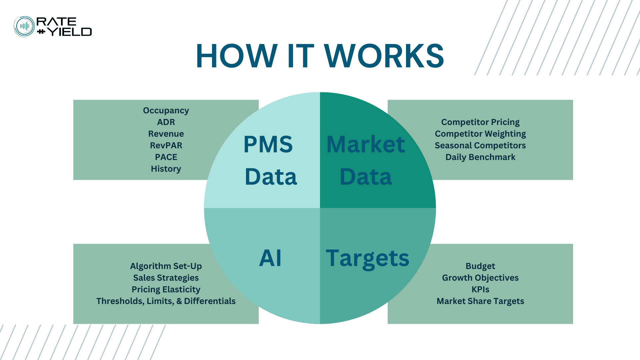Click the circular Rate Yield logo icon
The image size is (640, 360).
(24, 27)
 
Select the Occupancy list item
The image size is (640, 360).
(166, 111)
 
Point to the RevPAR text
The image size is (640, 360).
(166, 146)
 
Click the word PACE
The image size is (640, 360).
(166, 157)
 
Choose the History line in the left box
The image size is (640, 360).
(166, 169)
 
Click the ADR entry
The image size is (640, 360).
(166, 122)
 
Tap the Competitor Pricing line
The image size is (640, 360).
(480, 122)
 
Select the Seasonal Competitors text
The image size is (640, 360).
(480, 146)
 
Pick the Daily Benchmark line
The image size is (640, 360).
(480, 157)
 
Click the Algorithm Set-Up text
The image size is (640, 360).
(166, 266)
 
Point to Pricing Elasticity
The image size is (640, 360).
(166, 290)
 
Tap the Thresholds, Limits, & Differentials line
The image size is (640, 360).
(166, 301)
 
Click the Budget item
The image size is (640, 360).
(480, 266)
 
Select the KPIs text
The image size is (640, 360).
(480, 290)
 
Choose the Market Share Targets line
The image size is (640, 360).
(480, 301)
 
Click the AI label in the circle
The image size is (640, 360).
(270, 258)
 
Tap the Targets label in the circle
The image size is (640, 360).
(367, 258)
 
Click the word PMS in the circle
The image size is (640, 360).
(268, 145)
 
